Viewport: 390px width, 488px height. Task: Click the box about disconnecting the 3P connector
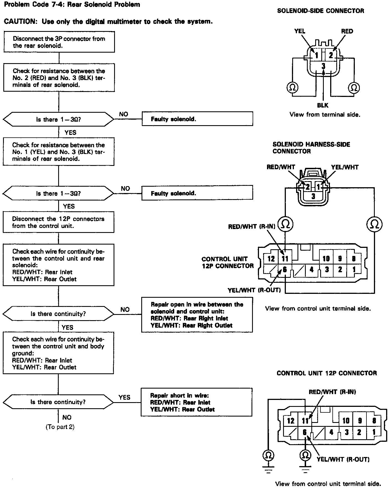click(x=59, y=42)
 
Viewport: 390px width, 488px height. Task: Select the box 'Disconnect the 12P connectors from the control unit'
click(x=58, y=222)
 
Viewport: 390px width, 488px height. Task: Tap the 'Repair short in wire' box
click(x=196, y=402)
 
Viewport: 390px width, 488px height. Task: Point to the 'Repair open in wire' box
click(x=197, y=315)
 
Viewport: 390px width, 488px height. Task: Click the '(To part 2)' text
click(x=60, y=427)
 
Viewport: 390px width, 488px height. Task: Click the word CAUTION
click(x=20, y=22)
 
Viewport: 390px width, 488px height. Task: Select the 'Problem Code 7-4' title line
click(x=72, y=4)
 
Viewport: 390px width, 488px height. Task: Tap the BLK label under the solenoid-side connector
click(x=323, y=105)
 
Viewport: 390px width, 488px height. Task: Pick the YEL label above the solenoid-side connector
click(x=300, y=31)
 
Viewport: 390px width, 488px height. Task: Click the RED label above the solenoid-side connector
click(x=347, y=31)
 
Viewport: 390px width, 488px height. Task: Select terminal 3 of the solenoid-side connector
click(x=323, y=66)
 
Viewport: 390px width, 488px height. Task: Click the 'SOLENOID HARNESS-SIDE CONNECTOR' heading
click(x=311, y=148)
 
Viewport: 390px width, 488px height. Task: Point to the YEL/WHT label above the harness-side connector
click(x=345, y=167)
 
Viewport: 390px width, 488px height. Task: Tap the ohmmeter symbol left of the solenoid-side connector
click(x=292, y=88)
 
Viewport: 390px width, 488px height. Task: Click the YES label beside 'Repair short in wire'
click(x=124, y=397)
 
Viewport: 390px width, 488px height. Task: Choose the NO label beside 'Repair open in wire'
click(x=125, y=309)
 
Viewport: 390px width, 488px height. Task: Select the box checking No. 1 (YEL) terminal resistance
click(x=58, y=152)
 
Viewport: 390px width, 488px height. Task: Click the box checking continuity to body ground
click(x=58, y=353)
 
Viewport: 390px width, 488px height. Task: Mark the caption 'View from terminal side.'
click(x=325, y=114)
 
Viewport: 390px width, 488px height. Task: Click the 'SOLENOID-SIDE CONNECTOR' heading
click(x=320, y=11)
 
